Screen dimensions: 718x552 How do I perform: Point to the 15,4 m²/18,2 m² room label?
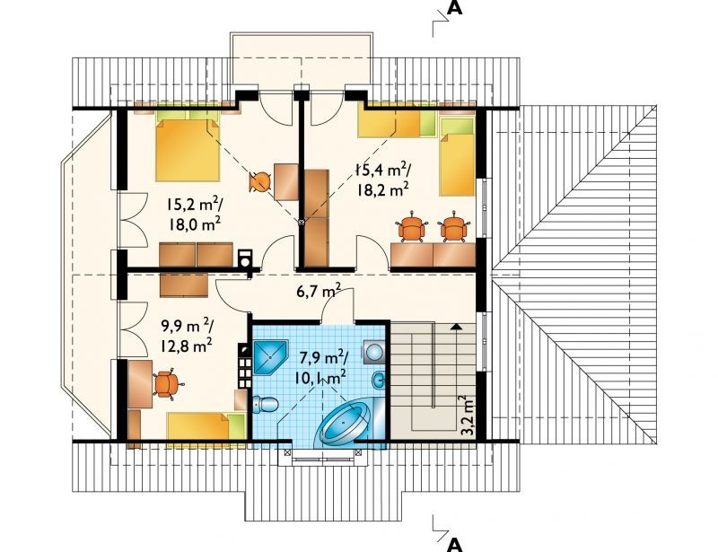point(383,180)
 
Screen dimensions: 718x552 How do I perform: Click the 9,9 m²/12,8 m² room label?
point(186,337)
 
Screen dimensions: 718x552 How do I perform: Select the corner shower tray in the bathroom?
point(270,357)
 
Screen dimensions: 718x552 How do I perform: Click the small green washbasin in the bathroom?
point(379,380)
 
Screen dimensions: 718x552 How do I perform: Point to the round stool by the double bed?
point(259,181)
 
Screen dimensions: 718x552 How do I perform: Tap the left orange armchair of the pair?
point(411,227)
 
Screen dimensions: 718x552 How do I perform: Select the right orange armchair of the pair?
point(453,227)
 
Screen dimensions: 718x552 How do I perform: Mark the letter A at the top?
point(454,8)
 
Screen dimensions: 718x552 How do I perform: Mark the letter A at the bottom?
point(454,544)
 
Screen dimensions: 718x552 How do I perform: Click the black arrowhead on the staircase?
point(456,326)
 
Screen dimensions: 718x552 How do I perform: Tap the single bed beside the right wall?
point(457,157)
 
